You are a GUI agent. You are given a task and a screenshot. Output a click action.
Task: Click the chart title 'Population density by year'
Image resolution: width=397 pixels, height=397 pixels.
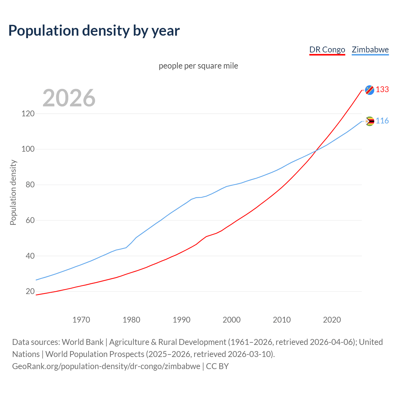pos(94,30)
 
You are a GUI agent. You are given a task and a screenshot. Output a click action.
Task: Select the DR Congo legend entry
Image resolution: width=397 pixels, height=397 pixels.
pos(327,50)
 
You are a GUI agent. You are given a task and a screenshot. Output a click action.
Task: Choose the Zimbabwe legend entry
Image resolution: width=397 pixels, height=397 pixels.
pos(370,50)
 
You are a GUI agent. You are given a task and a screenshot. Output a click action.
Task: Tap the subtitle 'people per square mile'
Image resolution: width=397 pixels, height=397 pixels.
pos(198,66)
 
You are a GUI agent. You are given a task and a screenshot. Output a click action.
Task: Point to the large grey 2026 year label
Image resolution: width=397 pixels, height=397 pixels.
pos(69,98)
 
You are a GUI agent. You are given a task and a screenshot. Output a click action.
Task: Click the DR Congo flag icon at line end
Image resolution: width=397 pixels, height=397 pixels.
pos(369,90)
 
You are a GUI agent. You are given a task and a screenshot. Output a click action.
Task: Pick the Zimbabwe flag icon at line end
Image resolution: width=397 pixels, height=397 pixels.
pos(369,121)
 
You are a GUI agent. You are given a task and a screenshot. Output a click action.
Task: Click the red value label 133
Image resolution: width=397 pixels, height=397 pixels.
pos(382,89)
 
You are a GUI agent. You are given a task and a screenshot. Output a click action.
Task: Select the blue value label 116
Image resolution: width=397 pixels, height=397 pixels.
pos(382,121)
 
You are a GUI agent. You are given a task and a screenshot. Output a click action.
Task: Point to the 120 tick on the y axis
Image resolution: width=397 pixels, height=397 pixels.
pos(28,114)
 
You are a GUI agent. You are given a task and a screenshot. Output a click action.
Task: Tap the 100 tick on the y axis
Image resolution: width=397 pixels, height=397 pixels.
pos(28,149)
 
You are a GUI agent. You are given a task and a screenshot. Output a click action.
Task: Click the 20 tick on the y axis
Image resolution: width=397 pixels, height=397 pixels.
pos(30,291)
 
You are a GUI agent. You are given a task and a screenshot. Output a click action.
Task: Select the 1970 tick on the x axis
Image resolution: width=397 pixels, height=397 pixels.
pos(81,319)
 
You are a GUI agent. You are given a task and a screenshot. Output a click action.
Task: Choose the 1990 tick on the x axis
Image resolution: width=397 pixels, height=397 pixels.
pos(181,319)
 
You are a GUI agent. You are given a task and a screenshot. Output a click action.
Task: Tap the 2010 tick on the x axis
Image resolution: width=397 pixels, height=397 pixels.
pos(282,319)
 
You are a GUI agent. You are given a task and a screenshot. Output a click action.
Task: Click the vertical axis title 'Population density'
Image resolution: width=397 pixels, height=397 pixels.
pos(13,192)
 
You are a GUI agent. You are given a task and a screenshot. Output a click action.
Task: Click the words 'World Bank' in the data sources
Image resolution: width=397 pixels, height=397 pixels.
pos(83,342)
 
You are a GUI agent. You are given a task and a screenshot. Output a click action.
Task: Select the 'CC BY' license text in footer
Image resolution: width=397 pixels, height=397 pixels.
pos(217,366)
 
